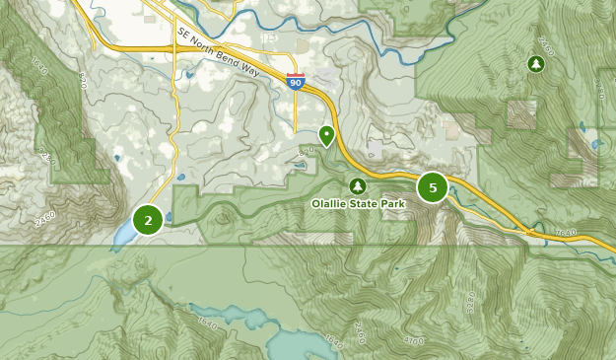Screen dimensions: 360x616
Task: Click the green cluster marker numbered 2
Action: [x=148, y=220]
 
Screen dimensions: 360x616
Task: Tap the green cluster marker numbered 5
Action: [x=433, y=187]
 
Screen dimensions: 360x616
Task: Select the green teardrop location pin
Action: [x=326, y=135]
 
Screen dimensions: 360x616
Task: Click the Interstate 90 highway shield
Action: [x=296, y=82]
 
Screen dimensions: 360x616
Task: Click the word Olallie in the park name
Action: [x=331, y=204]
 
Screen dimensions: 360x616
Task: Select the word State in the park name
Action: [x=369, y=204]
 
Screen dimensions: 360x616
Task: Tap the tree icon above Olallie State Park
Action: [x=358, y=185]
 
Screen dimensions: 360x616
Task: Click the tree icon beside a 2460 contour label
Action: [x=535, y=64]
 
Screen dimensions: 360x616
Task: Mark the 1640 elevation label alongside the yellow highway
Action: [x=566, y=234]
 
